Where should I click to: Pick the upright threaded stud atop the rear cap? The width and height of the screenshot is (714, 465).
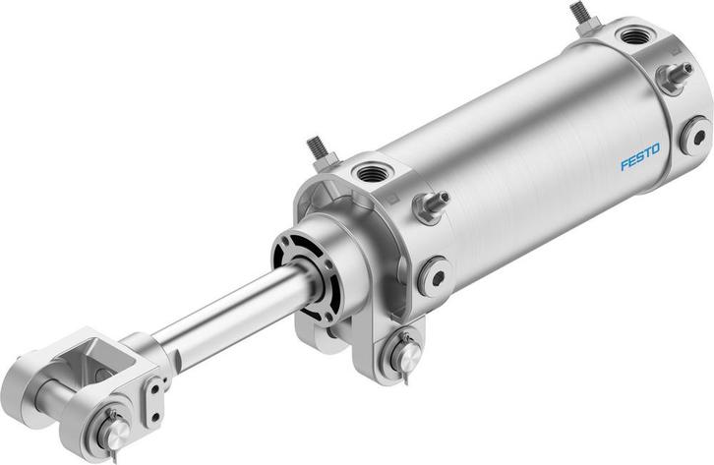(x=578, y=16)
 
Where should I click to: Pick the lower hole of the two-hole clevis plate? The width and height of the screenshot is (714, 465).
(x=155, y=403)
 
